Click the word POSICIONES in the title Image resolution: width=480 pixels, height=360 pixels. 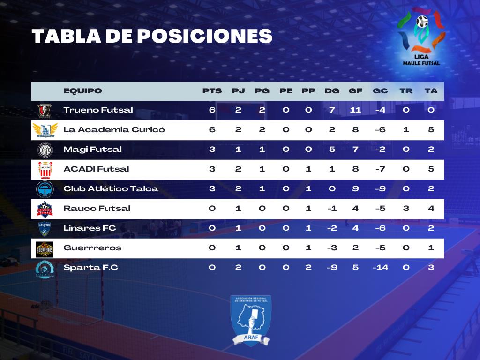[x=204, y=36]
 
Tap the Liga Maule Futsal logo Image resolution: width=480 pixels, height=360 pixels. [x=421, y=37]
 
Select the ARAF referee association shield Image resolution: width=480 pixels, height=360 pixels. [x=251, y=321]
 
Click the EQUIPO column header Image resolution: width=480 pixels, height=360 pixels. [x=82, y=91]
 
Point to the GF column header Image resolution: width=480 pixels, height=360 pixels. [x=355, y=91]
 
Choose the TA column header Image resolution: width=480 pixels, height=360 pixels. [x=431, y=91]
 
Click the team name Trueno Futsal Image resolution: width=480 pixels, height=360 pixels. [x=98, y=110]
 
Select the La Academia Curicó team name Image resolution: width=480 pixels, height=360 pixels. [x=114, y=129]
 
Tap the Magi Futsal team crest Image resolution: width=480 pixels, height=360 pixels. [x=45, y=150]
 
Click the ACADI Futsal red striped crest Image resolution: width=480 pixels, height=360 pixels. [x=45, y=170]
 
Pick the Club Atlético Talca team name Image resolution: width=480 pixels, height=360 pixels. [x=111, y=188]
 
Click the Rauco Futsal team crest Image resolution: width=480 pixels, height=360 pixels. [x=45, y=209]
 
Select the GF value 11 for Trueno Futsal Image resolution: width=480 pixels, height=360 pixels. [x=355, y=110]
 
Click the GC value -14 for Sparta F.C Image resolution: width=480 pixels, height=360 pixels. [x=381, y=268]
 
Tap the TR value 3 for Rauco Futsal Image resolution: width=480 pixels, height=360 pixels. [x=406, y=209]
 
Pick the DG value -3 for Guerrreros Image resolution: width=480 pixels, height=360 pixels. [x=332, y=247]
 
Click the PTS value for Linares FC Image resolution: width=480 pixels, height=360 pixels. [x=212, y=228]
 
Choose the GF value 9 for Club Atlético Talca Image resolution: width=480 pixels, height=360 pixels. [x=355, y=188]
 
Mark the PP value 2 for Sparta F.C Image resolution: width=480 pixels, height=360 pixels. [x=308, y=268]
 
